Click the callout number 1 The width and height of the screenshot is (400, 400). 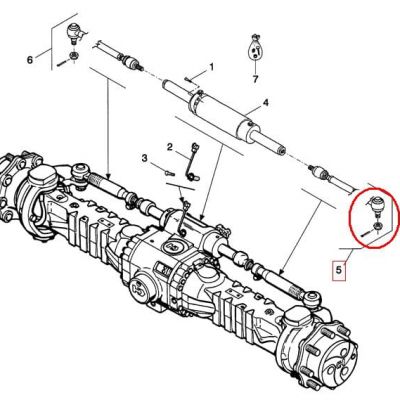pyautogui.click(x=211, y=67)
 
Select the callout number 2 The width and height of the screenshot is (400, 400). pyautogui.click(x=170, y=147)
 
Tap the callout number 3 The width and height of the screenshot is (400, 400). pyautogui.click(x=144, y=158)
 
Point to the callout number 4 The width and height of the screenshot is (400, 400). pyautogui.click(x=266, y=103)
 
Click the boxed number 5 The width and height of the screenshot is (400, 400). pyautogui.click(x=339, y=269)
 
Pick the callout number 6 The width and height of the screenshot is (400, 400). pyautogui.click(x=30, y=60)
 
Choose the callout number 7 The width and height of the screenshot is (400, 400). pyautogui.click(x=255, y=79)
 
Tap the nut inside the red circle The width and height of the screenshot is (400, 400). pyautogui.click(x=378, y=226)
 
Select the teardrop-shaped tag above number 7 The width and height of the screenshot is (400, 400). pyautogui.click(x=255, y=48)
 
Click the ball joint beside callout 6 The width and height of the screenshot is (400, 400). pyautogui.click(x=73, y=33)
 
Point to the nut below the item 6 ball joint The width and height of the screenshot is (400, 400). pyautogui.click(x=74, y=55)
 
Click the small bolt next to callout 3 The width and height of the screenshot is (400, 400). pyautogui.click(x=170, y=172)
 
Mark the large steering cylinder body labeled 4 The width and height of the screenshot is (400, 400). pyautogui.click(x=219, y=113)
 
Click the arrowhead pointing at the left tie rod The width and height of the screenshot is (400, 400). pyautogui.click(x=109, y=173)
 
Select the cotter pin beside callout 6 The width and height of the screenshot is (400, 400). pyautogui.click(x=62, y=63)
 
